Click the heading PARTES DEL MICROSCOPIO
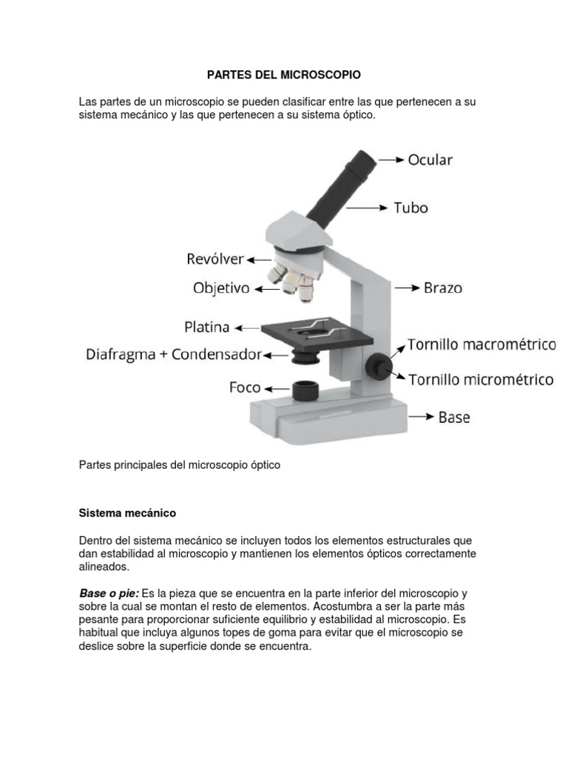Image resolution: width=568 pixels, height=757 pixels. click(283, 75)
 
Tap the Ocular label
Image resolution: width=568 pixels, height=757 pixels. click(430, 160)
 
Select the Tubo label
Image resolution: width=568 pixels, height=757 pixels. click(410, 208)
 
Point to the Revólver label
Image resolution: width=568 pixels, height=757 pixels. click(214, 260)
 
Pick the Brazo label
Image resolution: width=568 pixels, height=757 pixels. click(443, 288)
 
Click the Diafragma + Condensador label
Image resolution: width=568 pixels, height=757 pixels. click(173, 354)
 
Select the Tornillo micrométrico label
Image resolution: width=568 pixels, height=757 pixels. click(481, 380)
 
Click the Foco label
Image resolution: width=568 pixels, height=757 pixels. click(244, 387)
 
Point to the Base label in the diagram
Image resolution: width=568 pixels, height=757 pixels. click(454, 418)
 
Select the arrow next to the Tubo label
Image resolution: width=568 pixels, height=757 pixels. click(367, 208)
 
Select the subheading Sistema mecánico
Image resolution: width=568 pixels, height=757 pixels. click(127, 512)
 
